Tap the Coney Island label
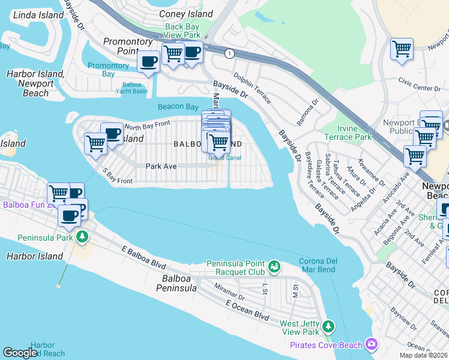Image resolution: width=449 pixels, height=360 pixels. pyautogui.click(x=185, y=14)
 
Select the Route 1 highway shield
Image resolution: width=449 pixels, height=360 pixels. pyautogui.click(x=229, y=54)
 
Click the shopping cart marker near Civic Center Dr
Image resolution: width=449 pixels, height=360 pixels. pyautogui.click(x=402, y=49)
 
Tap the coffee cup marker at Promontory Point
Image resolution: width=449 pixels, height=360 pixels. pyautogui.click(x=148, y=61)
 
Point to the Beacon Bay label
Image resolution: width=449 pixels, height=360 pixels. pyautogui.click(x=178, y=107)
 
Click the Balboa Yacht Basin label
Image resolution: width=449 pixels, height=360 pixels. pyautogui.click(x=131, y=88)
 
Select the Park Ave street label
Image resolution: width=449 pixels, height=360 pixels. pyautogui.click(x=161, y=166)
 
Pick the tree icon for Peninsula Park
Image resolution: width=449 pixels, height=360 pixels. pyautogui.click(x=81, y=238)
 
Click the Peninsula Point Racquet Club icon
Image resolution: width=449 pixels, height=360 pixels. pyautogui.click(x=274, y=265)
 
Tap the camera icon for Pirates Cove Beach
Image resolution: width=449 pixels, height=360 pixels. pyautogui.click(x=372, y=344)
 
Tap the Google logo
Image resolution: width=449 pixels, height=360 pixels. pyautogui.click(x=20, y=353)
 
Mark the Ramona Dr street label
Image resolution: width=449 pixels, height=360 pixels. pyautogui.click(x=308, y=110)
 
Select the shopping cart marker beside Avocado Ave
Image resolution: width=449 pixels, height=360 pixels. pyautogui.click(x=415, y=156)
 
